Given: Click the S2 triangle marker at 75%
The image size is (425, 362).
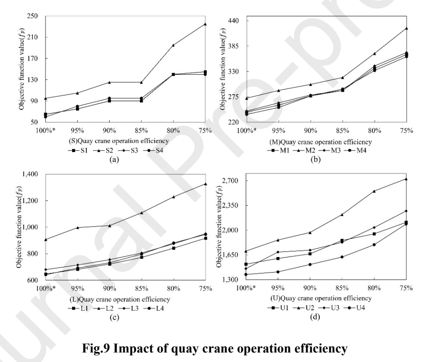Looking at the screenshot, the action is coord(205,24).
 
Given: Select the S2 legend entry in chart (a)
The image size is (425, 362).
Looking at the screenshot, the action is coord(103,150).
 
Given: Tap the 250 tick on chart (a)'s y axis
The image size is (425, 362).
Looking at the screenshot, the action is coord(33,16).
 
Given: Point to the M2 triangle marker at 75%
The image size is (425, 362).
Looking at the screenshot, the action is coord(407,28).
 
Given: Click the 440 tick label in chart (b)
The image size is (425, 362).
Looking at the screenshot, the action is coord(233,20).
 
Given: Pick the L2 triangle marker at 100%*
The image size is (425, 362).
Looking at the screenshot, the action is coord(46,239).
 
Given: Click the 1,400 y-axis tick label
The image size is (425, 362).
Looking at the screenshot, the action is coord(30,174).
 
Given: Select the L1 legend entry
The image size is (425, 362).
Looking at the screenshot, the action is coord(78,308).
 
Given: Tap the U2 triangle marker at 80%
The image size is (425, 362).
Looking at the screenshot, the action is coord(374,191).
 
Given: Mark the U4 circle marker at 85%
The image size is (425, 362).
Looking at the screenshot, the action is coord(342,257).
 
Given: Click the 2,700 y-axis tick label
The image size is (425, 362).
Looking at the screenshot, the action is coord(231,181).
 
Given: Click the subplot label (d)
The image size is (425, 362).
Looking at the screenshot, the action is coord(315,317).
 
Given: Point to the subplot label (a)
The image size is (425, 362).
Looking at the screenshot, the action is coord(114,160).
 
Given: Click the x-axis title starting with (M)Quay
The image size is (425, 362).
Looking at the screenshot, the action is coord(320,142).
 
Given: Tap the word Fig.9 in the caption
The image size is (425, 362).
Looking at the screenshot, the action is coord(96,348).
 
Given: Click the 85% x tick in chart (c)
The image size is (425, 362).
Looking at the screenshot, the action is coord(141,288).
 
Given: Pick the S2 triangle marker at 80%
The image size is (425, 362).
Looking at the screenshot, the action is coord(173,45).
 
